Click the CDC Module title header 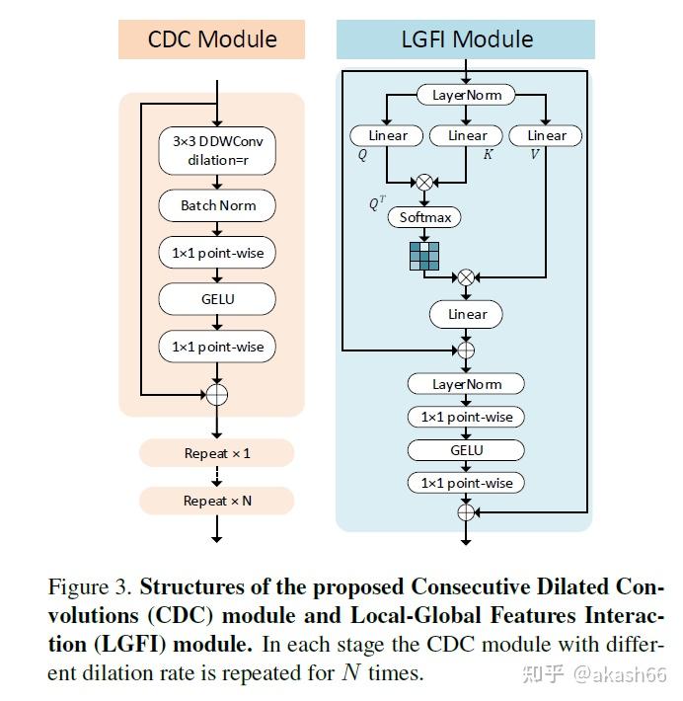click(x=212, y=39)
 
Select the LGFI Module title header click(x=466, y=39)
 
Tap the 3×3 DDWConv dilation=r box click(x=217, y=150)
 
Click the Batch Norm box click(x=217, y=205)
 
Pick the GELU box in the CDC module click(x=217, y=298)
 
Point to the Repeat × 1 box click(x=217, y=453)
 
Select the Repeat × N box click(x=217, y=501)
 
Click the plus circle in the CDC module click(x=217, y=394)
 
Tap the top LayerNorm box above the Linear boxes click(x=467, y=95)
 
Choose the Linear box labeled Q click(x=387, y=135)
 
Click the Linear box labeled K click(x=467, y=135)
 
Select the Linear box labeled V click(x=546, y=135)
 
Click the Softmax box click(x=424, y=217)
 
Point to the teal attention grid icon click(x=424, y=256)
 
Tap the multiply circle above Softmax click(x=425, y=182)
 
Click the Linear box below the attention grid click(x=467, y=314)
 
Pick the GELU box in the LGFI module click(x=467, y=449)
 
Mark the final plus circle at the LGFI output click(x=467, y=511)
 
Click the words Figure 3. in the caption click(x=90, y=588)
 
